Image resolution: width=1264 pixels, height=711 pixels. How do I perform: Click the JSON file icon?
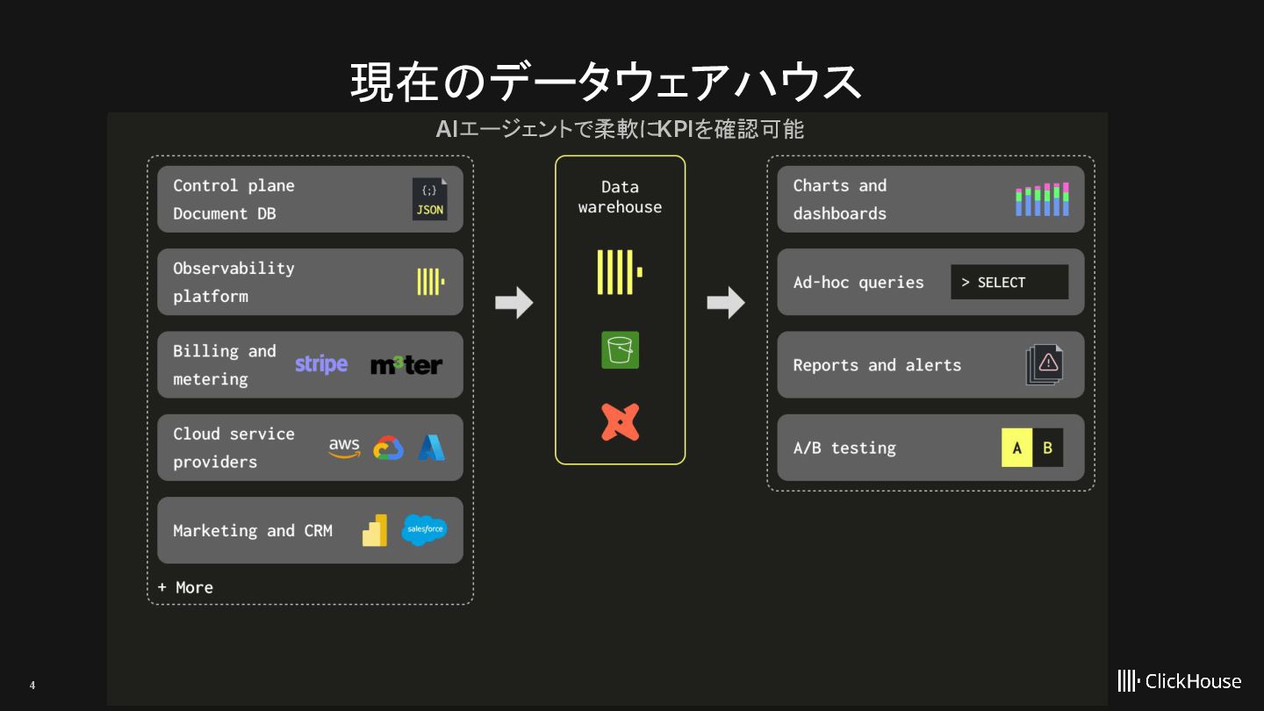point(429,199)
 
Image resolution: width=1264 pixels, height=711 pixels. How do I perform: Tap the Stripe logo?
point(321,364)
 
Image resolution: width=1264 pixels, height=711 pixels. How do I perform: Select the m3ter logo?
point(406,365)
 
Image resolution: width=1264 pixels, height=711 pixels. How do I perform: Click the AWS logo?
point(344,448)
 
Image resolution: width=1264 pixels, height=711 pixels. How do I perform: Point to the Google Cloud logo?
point(388,449)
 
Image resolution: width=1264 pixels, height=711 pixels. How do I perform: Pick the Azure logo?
point(431,448)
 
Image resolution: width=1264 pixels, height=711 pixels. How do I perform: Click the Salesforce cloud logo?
point(424,530)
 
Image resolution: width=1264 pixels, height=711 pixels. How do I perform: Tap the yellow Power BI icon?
point(375,530)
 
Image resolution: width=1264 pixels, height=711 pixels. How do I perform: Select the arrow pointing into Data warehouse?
point(513,302)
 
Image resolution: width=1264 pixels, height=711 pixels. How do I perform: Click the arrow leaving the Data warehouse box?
point(726,302)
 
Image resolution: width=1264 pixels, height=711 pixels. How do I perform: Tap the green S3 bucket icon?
point(620,349)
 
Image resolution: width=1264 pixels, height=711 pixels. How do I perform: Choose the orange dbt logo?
point(620,422)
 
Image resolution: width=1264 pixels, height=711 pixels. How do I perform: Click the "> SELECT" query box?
point(1009,283)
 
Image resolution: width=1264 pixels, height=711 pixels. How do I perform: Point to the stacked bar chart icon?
point(1042,199)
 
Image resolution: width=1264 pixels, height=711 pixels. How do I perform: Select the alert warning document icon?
point(1045,364)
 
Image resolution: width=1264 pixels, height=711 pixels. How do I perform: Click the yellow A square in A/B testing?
point(1016,448)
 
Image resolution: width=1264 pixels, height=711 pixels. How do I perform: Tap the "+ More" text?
point(185,587)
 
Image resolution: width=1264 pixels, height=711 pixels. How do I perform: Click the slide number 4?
point(32,686)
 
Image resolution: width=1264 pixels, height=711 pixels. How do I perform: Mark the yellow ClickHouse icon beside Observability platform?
point(430,282)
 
